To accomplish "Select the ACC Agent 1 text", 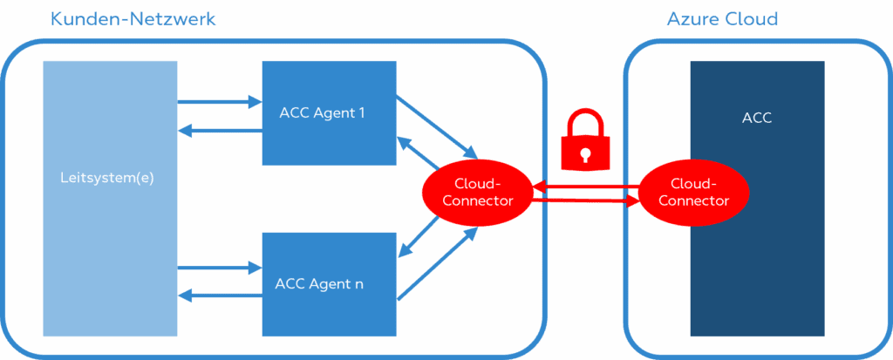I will pyautogui.click(x=322, y=112).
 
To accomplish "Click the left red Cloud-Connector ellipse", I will pyautogui.click(x=478, y=191).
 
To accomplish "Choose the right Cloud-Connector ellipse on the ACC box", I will pyautogui.click(x=693, y=192).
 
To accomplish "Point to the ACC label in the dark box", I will pyautogui.click(x=756, y=119).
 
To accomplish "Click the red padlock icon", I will pyautogui.click(x=585, y=139).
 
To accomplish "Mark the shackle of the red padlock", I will pyautogui.click(x=585, y=119).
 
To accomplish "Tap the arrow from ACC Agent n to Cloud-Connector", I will pyautogui.click(x=436, y=265).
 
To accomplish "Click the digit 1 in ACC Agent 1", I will pyautogui.click(x=361, y=112).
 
